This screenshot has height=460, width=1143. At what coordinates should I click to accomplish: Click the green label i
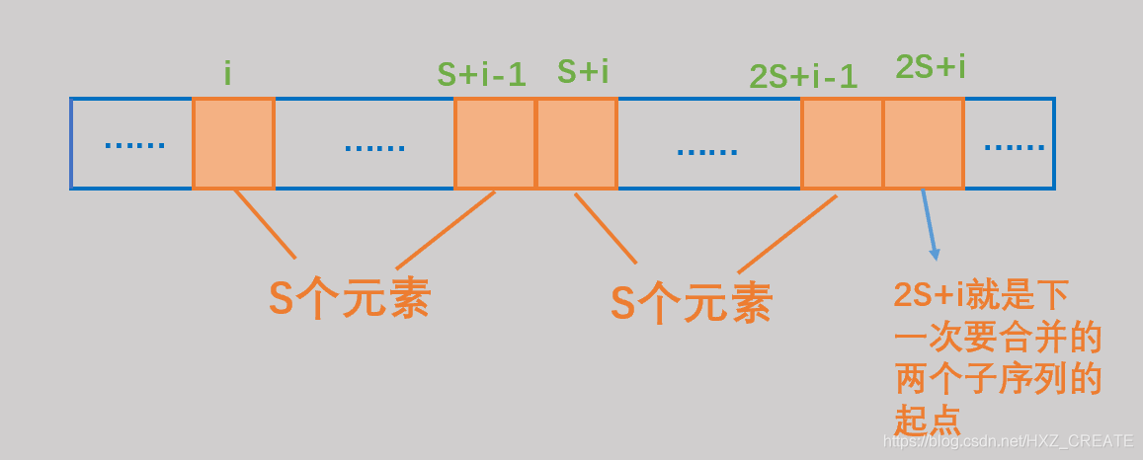[227, 74]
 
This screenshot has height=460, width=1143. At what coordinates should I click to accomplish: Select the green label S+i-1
[481, 74]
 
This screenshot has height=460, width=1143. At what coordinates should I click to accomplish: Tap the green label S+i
[583, 71]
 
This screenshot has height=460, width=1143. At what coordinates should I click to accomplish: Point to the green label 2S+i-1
[803, 76]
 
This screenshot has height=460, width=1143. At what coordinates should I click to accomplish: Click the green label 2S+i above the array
[931, 67]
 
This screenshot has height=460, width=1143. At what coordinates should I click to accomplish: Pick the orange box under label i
[233, 143]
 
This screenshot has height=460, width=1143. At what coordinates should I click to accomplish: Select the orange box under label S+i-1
[495, 143]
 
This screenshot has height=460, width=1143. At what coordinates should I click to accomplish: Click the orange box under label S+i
[577, 143]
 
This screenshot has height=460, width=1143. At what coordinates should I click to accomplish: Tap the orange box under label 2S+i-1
[842, 143]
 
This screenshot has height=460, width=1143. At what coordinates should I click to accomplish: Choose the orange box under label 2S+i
[924, 143]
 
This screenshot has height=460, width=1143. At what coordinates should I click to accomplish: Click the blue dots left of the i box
[134, 145]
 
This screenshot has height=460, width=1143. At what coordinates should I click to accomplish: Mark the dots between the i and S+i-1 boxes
[374, 148]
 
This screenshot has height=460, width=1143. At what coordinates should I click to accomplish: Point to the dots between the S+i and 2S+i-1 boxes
[707, 151]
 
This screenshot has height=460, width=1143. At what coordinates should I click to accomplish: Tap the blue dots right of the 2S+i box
[1014, 146]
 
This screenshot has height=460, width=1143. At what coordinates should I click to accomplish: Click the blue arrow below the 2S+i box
[930, 224]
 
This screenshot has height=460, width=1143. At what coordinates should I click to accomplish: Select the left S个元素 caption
[350, 299]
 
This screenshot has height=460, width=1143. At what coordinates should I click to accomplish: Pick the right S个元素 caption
[691, 303]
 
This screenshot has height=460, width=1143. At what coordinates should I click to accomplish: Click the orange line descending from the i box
[265, 224]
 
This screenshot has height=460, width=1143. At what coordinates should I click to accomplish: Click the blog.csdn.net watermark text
[1007, 441]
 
